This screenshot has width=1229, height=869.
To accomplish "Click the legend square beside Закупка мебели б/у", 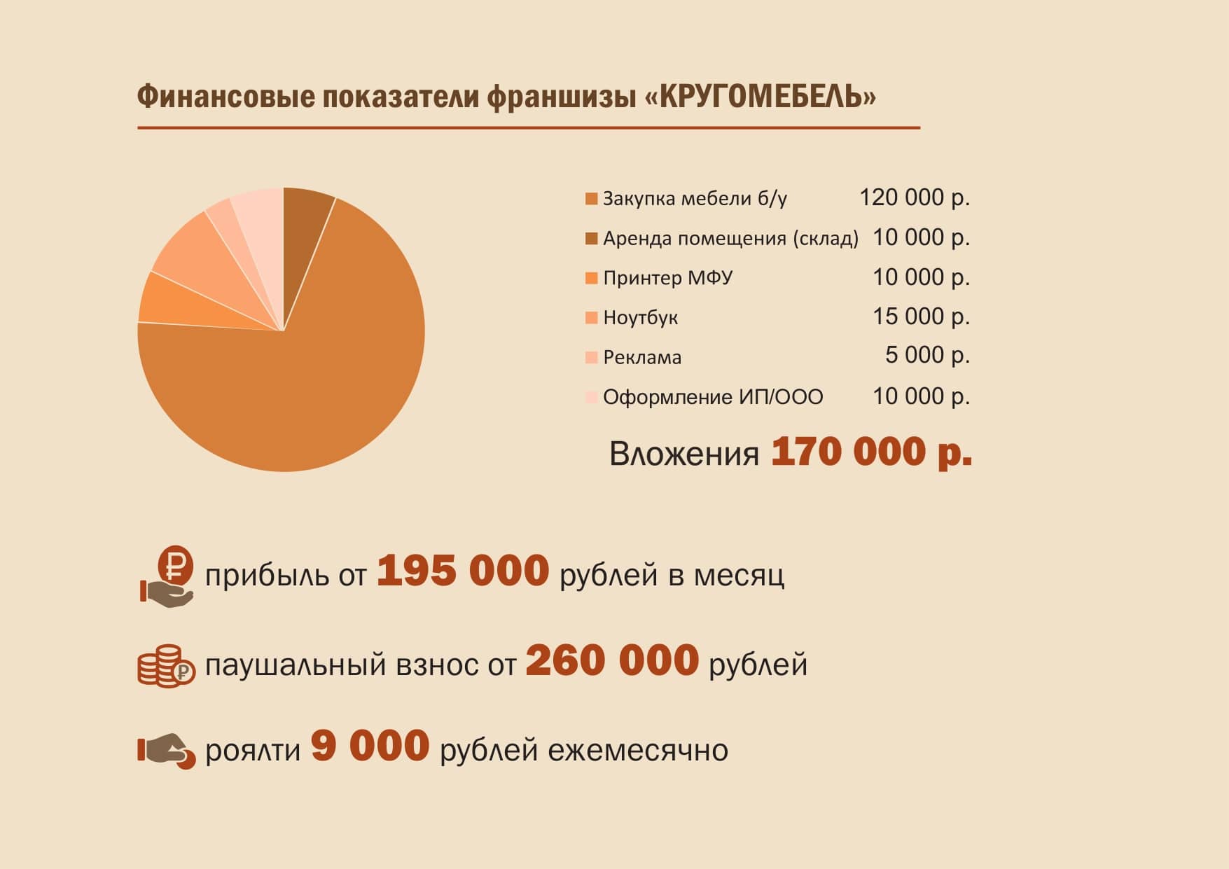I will [591, 199].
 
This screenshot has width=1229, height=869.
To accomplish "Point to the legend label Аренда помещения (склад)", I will [730, 239].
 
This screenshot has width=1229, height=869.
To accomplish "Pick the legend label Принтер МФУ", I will [667, 278].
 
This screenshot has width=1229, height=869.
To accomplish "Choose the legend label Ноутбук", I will [640, 318].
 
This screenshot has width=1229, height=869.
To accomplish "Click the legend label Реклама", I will [641, 358].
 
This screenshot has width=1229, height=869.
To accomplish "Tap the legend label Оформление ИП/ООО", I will [713, 397].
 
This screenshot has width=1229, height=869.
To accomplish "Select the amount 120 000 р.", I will [914, 197].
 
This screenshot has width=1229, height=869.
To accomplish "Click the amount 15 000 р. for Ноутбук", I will [921, 317].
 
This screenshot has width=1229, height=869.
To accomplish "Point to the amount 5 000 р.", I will [927, 356].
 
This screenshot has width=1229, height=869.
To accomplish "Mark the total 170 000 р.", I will [871, 452].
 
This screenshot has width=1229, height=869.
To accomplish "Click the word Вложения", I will [683, 454].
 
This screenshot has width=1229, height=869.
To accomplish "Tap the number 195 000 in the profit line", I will [462, 571].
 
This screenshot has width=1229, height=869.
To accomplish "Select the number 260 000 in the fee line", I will [612, 660].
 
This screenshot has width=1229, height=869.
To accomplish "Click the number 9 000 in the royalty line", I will [370, 746].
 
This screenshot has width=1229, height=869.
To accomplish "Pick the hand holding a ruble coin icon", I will [167, 576].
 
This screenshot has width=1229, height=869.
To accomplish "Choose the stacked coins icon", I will [166, 665].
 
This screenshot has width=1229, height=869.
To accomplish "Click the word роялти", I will [252, 751].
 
